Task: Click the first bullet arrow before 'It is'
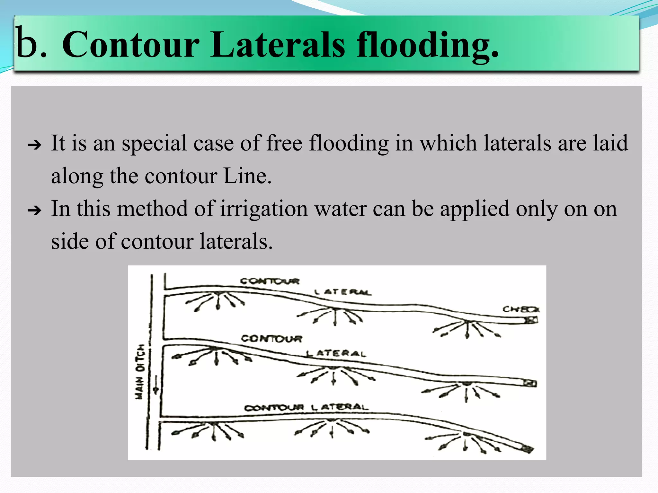pyautogui.click(x=34, y=145)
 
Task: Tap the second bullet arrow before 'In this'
pyautogui.click(x=34, y=211)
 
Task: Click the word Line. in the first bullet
pyautogui.click(x=247, y=176)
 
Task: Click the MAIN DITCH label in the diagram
pyautogui.click(x=140, y=372)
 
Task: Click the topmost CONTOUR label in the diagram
pyautogui.click(x=270, y=281)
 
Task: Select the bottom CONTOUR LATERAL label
pyautogui.click(x=306, y=408)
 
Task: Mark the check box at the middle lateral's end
pyautogui.click(x=530, y=383)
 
